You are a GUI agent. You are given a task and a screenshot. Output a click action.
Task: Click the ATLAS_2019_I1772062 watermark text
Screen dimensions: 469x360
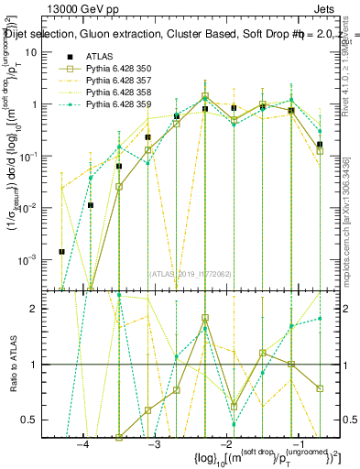tap(191, 273)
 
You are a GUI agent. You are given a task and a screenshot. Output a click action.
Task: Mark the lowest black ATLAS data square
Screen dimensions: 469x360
tap(62, 252)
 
